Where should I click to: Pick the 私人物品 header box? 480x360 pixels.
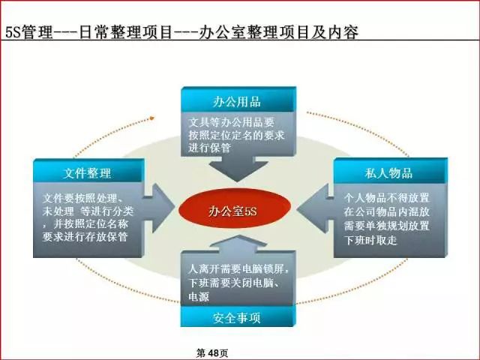(x=389, y=172)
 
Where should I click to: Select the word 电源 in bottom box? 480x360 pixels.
(x=199, y=296)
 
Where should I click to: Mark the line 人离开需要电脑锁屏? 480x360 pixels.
(x=238, y=269)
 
